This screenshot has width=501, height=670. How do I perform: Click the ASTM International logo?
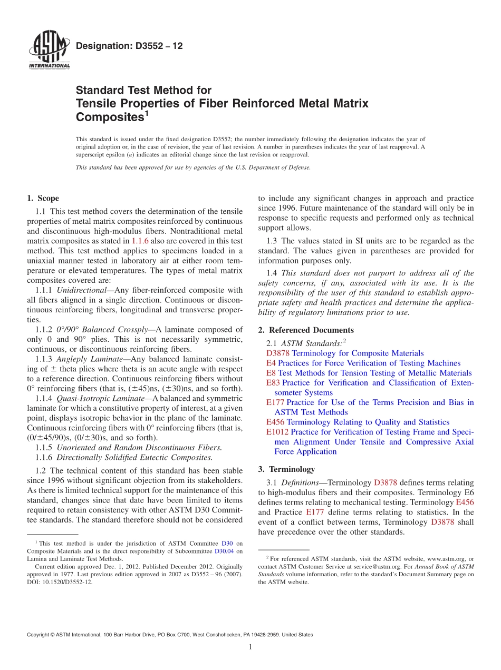pyautogui.click(x=49, y=51)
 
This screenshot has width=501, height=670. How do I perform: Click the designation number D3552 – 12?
pyautogui.click(x=129, y=46)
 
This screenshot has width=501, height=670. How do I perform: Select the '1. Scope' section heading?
pyautogui.click(x=43, y=199)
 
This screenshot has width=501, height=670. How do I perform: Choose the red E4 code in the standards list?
pyautogui.click(x=271, y=363)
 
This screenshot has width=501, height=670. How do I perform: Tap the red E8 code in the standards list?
pyautogui.click(x=271, y=373)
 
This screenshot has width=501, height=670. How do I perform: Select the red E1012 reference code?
pyautogui.click(x=277, y=432)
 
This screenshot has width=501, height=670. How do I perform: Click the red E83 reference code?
pyautogui.click(x=273, y=383)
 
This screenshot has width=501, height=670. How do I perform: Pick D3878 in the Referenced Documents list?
pyautogui.click(x=278, y=353)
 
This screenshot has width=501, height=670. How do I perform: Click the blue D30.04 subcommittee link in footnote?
pyautogui.click(x=224, y=551)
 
